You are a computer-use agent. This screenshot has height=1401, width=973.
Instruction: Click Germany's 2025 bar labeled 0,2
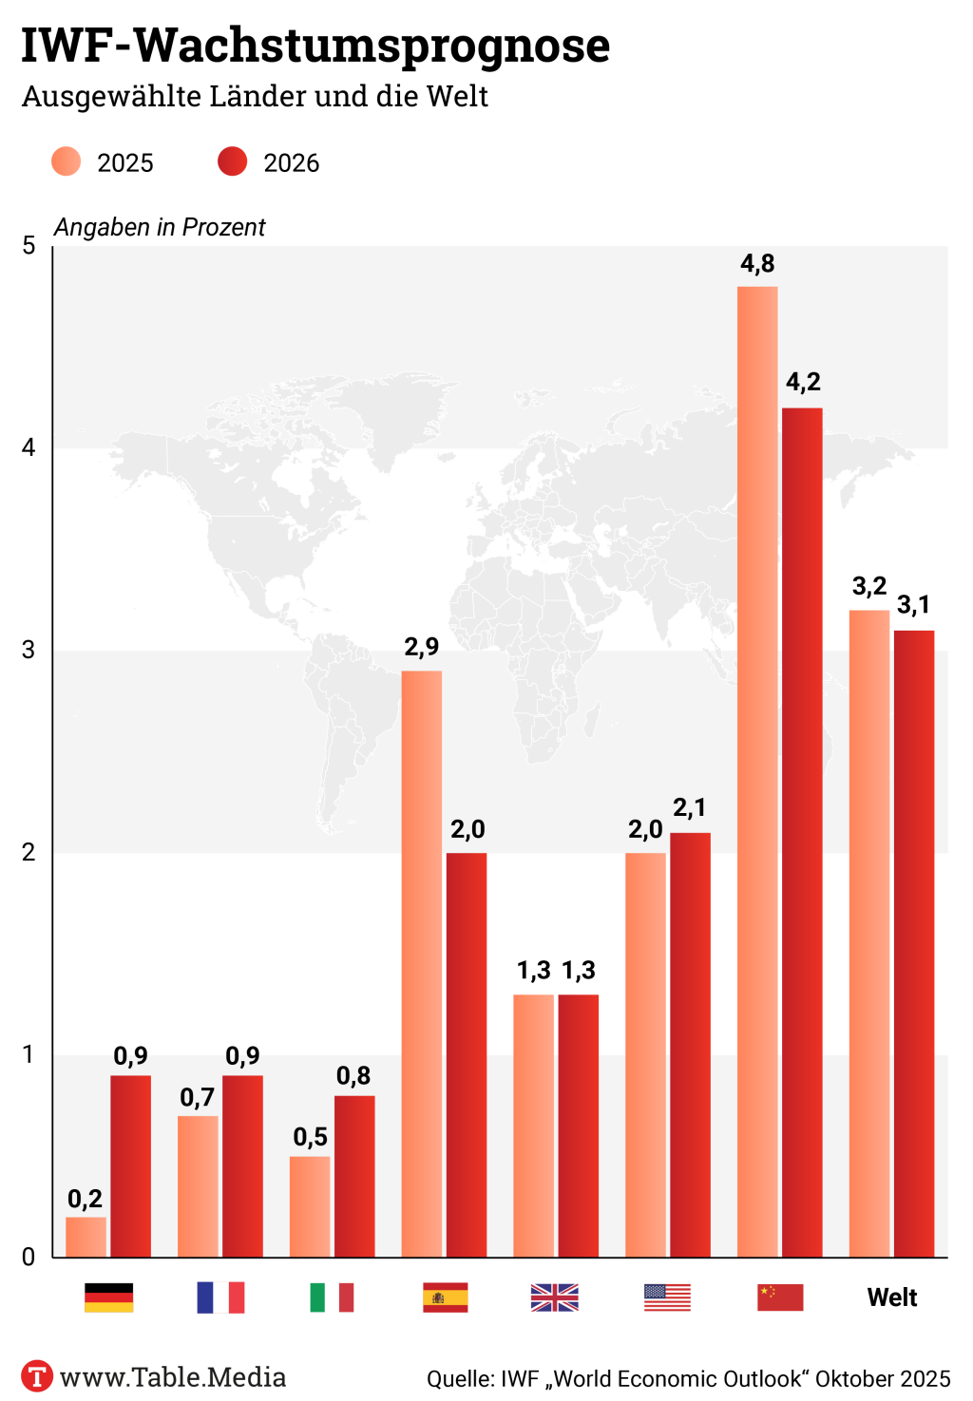pos(86,1237)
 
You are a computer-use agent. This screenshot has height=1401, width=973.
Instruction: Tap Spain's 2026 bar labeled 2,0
pos(467,1054)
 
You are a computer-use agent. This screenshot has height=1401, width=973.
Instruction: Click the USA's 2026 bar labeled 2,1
pos(690,1045)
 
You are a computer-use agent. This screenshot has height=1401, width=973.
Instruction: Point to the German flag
pos(108,1297)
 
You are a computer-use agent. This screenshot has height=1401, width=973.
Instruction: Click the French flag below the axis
pos(220,1297)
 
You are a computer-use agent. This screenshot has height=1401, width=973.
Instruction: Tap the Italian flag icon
pos(332,1297)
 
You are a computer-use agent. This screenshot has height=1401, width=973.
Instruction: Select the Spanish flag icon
pos(445,1297)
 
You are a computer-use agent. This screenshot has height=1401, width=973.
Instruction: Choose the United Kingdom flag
pos(555,1297)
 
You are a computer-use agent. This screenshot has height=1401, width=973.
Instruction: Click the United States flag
pos(667,1297)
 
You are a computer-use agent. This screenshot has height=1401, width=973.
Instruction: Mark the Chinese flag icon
pos(780,1297)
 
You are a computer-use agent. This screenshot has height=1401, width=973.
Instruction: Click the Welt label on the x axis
pos(892,1297)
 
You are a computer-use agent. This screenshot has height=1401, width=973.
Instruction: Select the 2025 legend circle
pos(67,162)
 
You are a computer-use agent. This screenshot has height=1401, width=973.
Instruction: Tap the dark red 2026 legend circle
pos(232,162)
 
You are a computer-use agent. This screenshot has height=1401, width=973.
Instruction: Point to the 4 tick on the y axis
pos(29,447)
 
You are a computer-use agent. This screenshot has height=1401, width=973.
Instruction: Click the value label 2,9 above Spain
pos(421,648)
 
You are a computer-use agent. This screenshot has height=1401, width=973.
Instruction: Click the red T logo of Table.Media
pos(37,1376)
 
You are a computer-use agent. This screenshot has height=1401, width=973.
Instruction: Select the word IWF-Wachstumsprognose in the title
pos(315,46)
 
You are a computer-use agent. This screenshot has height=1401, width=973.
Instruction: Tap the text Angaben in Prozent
pos(160,228)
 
